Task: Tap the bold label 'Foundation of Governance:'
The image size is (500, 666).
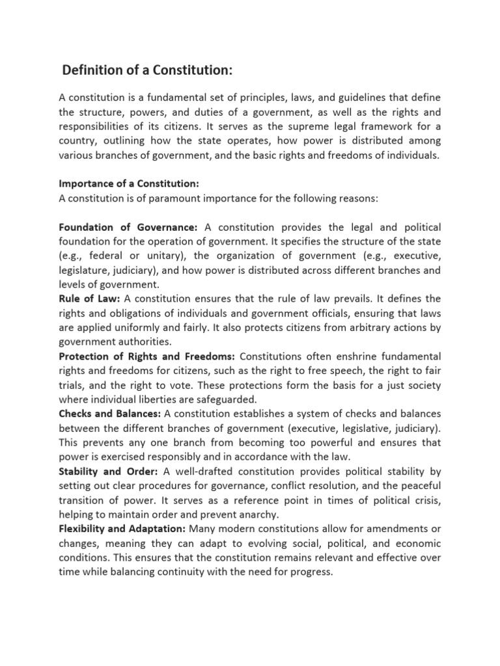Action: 128,227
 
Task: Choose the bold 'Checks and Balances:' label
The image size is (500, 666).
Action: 110,414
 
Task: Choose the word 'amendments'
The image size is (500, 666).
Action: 393,529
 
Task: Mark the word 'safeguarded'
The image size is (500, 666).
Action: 225,399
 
